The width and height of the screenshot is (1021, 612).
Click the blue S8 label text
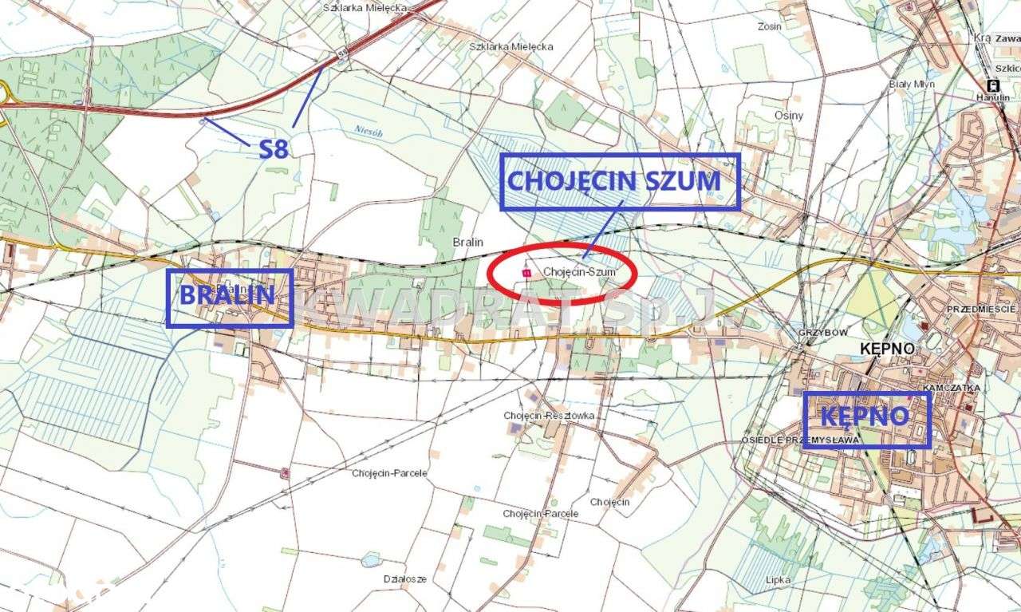pos(273,148)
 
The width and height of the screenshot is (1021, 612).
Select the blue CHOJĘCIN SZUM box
pos(620,182)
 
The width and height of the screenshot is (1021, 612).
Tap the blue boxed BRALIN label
pos(229,297)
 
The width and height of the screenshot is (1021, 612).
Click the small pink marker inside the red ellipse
pos(525,272)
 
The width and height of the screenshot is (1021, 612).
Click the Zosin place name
pos(769,26)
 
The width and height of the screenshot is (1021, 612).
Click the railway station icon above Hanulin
pos(993,85)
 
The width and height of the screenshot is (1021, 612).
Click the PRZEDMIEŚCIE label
pos(981,309)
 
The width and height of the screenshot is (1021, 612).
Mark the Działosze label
pos(404,578)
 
